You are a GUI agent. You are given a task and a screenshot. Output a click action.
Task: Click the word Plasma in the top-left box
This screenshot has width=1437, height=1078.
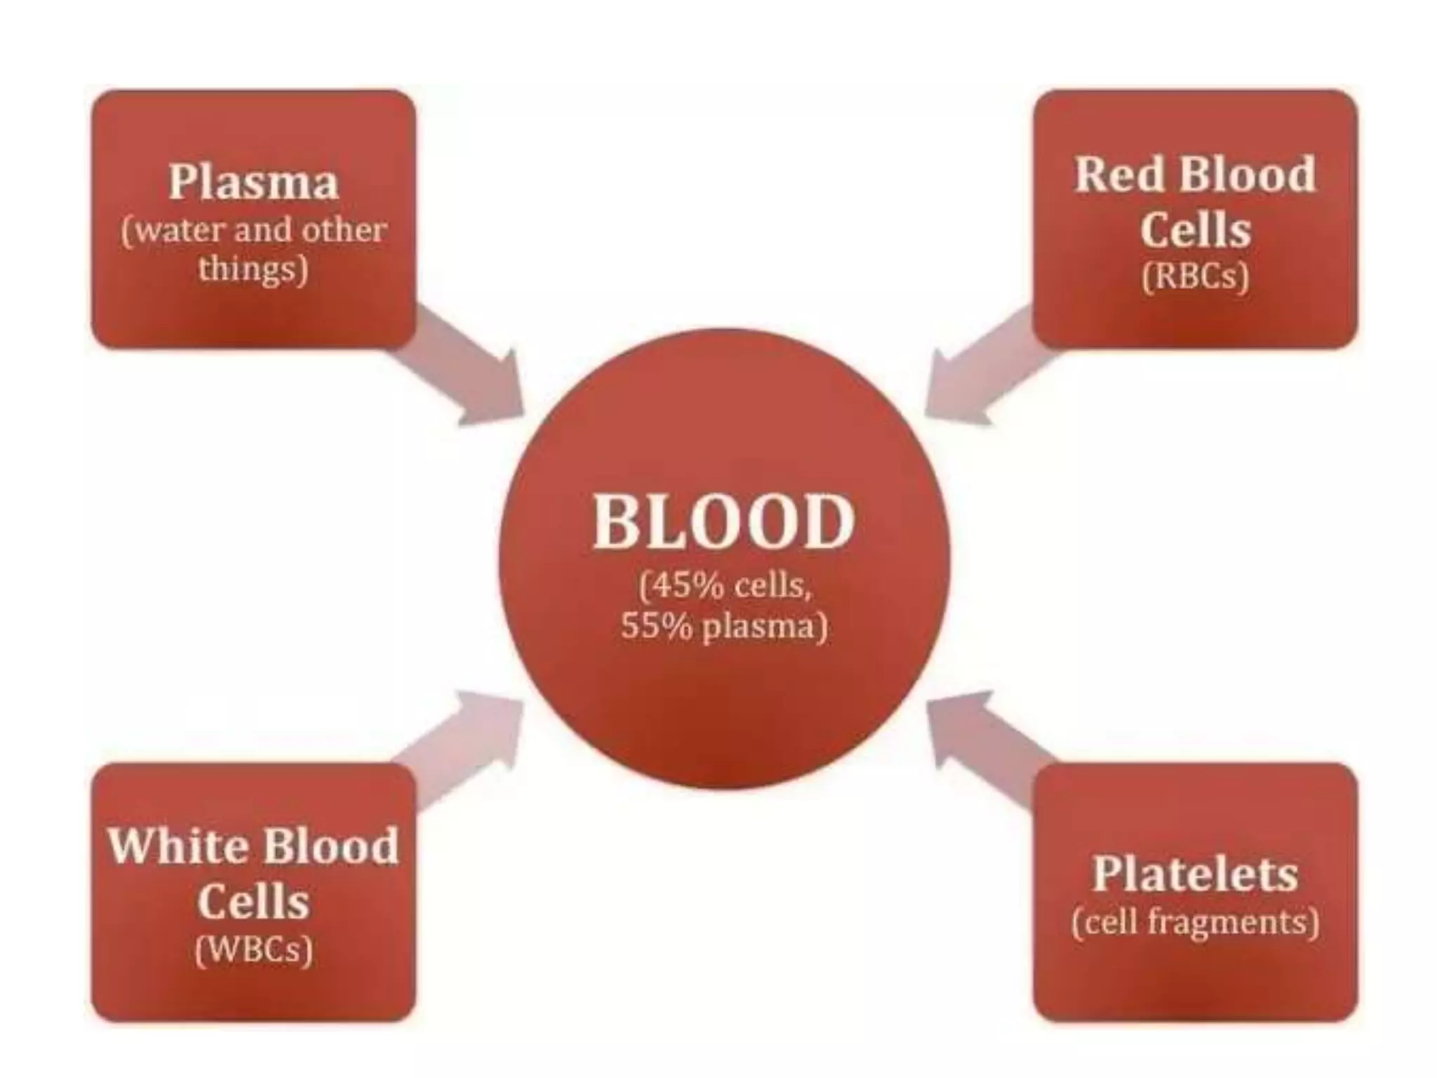253,182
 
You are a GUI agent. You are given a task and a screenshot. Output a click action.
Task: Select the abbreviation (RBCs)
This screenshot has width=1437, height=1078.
1195,276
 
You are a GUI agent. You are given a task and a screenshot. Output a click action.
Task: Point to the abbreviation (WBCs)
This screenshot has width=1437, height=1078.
253,950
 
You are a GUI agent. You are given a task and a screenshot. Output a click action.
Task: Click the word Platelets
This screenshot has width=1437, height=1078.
1195,874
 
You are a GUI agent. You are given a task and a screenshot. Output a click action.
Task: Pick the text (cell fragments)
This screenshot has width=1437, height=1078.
1195,922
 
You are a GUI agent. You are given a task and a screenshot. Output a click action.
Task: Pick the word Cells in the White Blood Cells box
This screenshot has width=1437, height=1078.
253,901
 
